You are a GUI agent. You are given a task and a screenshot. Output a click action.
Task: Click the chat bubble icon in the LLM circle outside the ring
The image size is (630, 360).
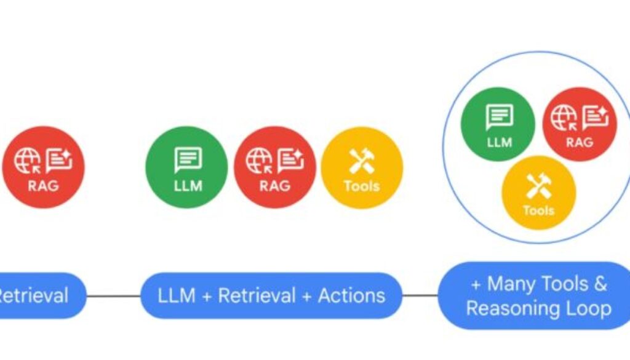[187, 159]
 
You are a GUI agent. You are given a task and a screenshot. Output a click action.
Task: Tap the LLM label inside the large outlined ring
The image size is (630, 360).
[499, 142]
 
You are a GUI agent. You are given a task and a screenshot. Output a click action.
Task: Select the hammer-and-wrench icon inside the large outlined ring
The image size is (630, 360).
[538, 185]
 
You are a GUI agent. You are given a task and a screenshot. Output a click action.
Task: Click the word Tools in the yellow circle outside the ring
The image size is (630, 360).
[362, 186]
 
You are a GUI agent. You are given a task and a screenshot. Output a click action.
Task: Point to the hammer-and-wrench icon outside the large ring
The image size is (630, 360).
[362, 161]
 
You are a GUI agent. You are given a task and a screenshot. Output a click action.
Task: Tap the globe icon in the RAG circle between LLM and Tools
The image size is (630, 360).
[259, 161]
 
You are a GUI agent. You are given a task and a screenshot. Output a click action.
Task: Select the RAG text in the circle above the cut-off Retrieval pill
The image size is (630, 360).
[43, 185]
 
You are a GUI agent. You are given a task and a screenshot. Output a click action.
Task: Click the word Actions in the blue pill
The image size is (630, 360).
[351, 295]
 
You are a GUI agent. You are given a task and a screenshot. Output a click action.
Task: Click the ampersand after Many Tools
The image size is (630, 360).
[600, 284]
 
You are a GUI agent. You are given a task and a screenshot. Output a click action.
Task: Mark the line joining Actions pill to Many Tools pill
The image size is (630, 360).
[420, 295]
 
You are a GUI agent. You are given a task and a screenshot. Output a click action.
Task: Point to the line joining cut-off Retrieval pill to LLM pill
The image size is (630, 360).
[114, 295]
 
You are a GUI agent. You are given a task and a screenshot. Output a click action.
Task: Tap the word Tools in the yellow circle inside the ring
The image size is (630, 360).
[538, 210]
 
